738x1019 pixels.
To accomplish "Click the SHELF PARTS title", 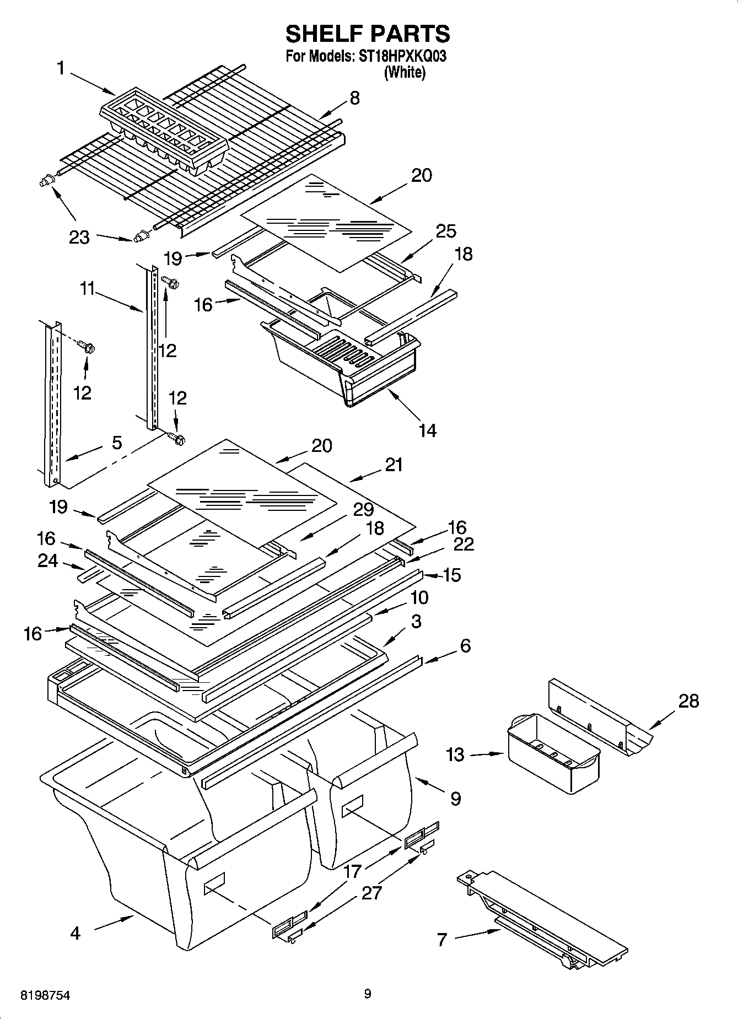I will coord(368,34).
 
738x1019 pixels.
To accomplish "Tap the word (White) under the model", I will coord(405,72).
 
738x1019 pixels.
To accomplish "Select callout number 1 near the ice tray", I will coord(61,68).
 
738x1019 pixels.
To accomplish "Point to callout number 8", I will coord(354,98).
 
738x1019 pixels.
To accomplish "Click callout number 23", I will coord(79,238).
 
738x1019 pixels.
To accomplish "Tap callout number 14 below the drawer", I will coord(428,430).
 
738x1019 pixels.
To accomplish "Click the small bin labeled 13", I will coord(553,753).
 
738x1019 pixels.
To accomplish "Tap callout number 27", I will coord(371,892).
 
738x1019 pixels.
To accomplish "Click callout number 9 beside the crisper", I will coord(455,798).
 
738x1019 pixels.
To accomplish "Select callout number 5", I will coord(117,443).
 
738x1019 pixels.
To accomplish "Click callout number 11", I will coord(87,288).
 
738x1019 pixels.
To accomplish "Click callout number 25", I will coord(446,231).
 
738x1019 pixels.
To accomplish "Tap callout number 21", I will coord(394,465).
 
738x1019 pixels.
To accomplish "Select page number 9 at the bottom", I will coord(368,994).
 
